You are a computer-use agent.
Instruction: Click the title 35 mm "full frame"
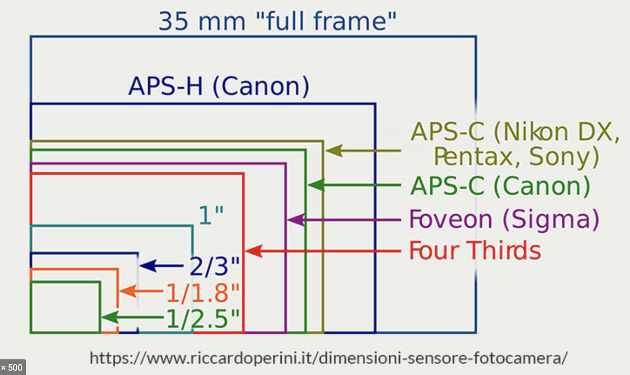click(x=278, y=22)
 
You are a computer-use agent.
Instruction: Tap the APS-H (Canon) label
click(x=219, y=87)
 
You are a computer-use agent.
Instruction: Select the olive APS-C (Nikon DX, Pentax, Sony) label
click(x=515, y=144)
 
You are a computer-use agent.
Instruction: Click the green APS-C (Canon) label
click(x=500, y=187)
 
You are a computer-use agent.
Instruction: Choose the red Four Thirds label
click(x=475, y=251)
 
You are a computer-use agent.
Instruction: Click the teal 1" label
click(x=211, y=216)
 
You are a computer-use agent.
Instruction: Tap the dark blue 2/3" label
click(x=215, y=267)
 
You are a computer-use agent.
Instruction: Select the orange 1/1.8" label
click(x=203, y=294)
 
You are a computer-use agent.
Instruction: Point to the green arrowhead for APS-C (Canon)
click(x=316, y=186)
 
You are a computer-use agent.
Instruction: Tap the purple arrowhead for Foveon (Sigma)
click(x=296, y=220)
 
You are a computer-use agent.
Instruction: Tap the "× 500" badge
click(x=12, y=368)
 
